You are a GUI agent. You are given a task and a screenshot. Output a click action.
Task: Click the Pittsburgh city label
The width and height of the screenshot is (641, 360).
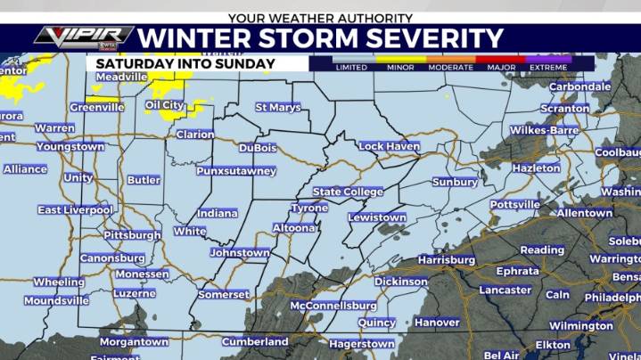tap(132, 235)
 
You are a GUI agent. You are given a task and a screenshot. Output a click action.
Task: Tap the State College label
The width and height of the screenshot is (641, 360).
tap(348, 192)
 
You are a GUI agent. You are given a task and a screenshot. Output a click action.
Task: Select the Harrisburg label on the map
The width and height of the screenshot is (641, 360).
tap(446, 259)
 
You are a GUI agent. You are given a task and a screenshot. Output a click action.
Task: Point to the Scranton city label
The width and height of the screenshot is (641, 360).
tap(565, 109)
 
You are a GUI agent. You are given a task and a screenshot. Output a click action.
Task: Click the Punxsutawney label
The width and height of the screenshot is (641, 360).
tap(236, 170)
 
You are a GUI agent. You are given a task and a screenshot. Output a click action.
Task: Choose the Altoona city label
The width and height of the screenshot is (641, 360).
tap(293, 228)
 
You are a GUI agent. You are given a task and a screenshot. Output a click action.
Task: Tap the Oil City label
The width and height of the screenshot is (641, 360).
tap(164, 105)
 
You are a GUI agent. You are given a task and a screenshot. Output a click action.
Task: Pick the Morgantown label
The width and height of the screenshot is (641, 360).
tap(134, 341)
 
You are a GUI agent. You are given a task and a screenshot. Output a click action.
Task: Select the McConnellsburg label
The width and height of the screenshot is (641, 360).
tap(333, 305)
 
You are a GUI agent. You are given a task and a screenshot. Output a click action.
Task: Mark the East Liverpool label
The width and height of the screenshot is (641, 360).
tap(75, 210)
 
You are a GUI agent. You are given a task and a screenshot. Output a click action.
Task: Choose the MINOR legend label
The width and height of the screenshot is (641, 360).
tap(400, 68)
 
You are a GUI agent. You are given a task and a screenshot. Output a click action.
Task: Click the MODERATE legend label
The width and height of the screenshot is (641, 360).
tap(450, 68)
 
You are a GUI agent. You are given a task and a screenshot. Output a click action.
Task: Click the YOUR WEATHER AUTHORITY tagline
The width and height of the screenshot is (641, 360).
tap(320, 18)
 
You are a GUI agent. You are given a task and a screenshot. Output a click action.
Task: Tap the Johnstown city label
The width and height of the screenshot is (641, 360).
tap(240, 253)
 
